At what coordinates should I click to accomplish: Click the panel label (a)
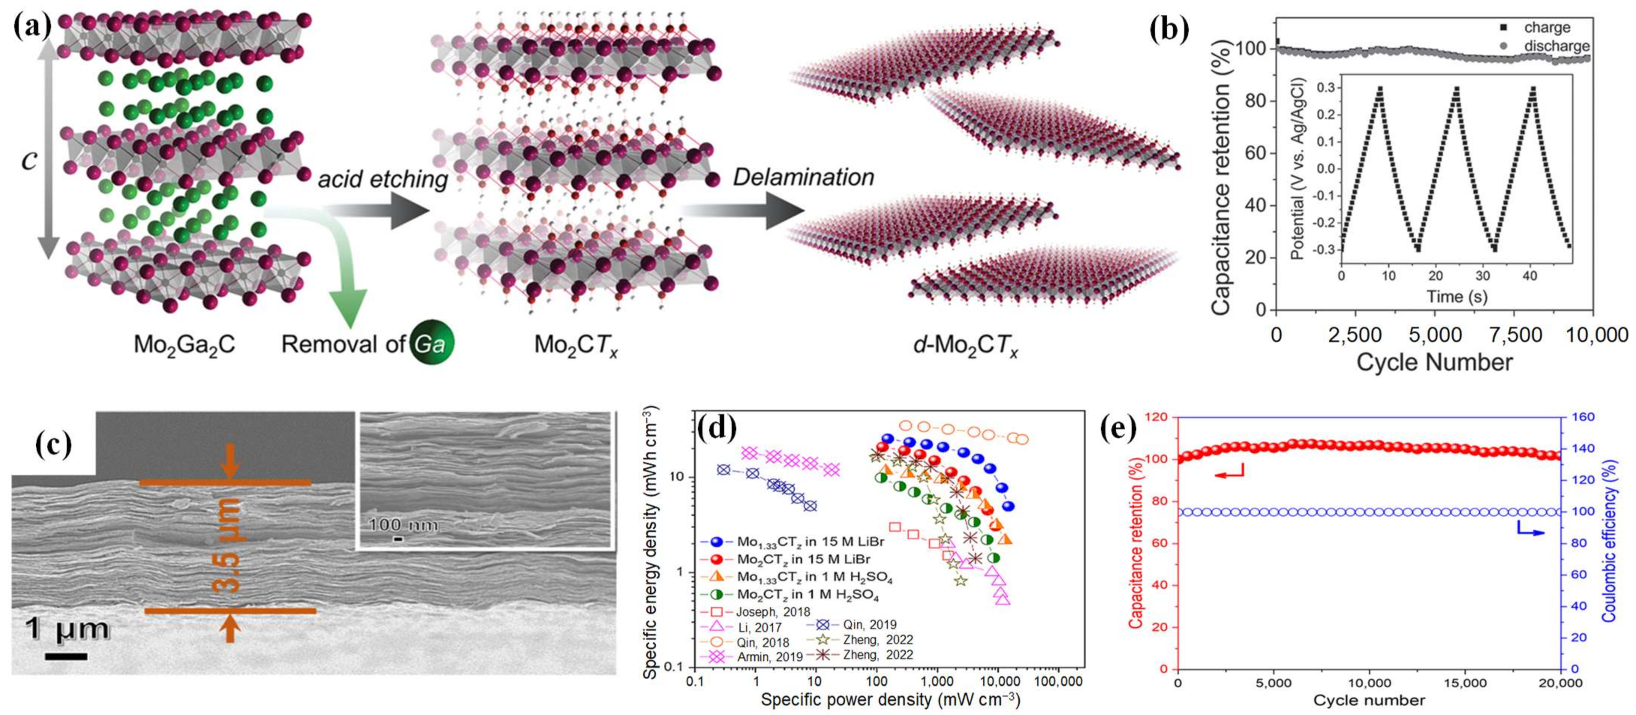click(33, 27)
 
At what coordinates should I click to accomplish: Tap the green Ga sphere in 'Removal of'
click(432, 344)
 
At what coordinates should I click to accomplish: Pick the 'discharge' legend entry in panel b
click(1556, 47)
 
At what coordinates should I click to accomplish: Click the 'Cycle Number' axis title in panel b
click(1434, 363)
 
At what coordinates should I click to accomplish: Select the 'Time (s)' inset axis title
click(1456, 296)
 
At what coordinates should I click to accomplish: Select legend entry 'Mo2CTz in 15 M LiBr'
click(803, 559)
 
